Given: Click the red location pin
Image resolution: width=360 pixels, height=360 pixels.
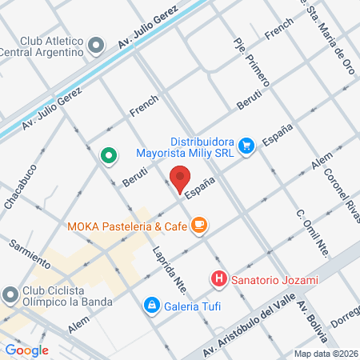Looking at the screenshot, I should [181, 178].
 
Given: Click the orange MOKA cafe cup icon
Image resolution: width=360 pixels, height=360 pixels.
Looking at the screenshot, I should [199, 227].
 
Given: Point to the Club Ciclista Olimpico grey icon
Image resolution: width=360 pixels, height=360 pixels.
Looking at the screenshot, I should [10, 295].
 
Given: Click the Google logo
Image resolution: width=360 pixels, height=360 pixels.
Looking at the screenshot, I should [26, 350].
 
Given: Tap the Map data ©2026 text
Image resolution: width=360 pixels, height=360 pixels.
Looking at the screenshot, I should [324, 353].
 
